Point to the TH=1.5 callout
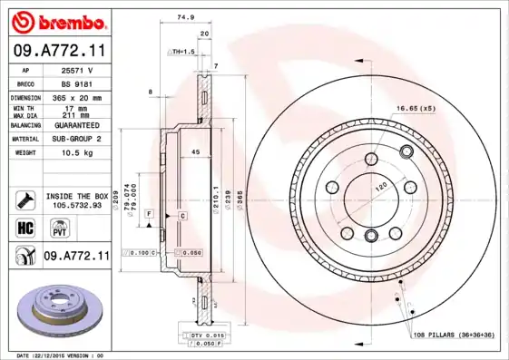pyautogui.click(x=184, y=53)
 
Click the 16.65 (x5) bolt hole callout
pyautogui.click(x=414, y=109)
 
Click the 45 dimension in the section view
pyautogui.click(x=194, y=153)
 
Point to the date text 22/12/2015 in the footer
pyautogui.click(x=60, y=355)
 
